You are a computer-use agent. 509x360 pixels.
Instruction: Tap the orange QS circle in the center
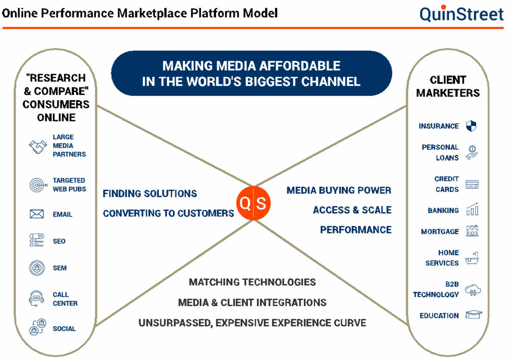click(253, 203)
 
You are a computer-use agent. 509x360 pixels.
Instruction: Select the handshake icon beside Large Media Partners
click(37, 146)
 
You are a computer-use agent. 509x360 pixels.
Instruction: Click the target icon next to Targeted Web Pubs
click(37, 185)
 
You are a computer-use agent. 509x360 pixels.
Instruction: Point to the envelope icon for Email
click(37, 214)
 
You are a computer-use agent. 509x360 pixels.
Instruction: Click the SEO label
click(59, 241)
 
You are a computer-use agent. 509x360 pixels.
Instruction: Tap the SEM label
click(59, 268)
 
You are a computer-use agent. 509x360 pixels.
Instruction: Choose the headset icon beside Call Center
click(37, 298)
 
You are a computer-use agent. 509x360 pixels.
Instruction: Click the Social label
click(64, 329)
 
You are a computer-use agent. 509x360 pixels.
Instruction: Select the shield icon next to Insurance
click(471, 126)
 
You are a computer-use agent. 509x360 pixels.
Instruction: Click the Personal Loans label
click(440, 152)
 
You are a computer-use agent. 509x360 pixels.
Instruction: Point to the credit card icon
click(472, 185)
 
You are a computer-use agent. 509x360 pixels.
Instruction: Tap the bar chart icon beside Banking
click(472, 209)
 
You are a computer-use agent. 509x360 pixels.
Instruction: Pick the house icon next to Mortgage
click(472, 231)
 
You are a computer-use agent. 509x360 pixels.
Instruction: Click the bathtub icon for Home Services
click(472, 258)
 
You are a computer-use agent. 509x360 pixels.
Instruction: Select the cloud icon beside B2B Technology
click(473, 290)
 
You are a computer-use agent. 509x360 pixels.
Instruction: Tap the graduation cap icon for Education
click(473, 315)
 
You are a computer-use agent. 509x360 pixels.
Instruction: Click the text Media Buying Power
click(338, 190)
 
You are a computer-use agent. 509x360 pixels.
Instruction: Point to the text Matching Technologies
click(252, 282)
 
